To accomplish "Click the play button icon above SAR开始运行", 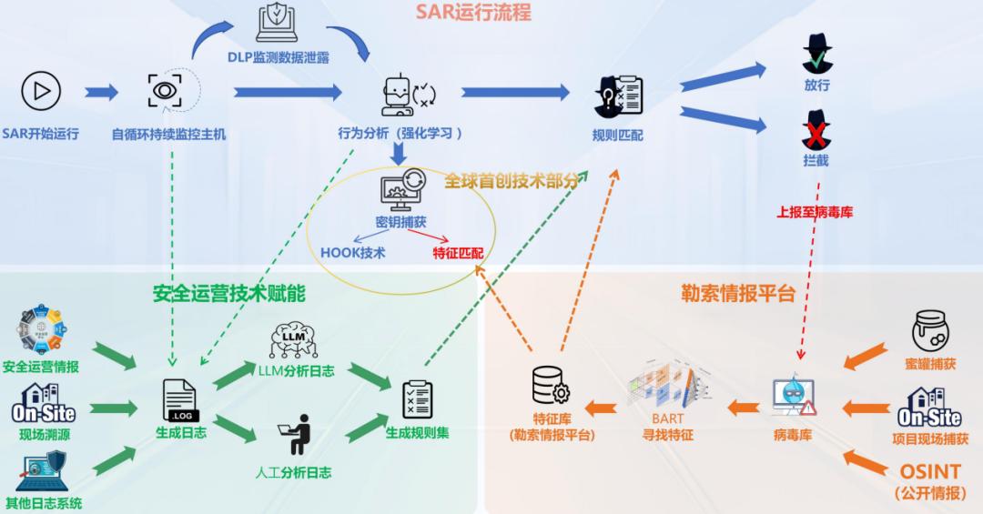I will pos(41,91).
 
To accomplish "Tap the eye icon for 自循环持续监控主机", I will pos(165,91).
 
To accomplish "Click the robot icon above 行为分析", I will pos(398,95).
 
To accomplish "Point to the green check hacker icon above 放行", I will pos(817,55).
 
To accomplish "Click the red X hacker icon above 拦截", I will pos(816,131).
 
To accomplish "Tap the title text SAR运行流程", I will pos(473,12).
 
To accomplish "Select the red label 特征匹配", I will pos(458,252).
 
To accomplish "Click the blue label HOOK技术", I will pos(353,252).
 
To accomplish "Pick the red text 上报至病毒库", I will pos(815,212).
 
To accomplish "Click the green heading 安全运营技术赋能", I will pos(228,293).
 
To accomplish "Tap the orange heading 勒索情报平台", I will pos(738,293).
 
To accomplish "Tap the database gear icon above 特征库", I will pos(551,387).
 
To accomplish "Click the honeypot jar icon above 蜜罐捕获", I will pos(931,332).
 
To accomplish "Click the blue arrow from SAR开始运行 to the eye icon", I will pos(102,92).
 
